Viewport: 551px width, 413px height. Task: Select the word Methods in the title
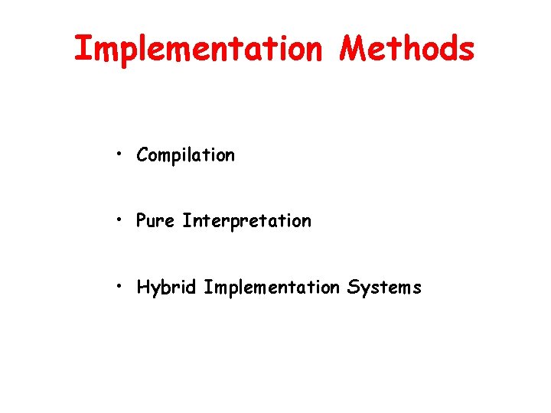pyautogui.click(x=407, y=49)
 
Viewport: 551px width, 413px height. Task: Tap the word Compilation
pyautogui.click(x=185, y=155)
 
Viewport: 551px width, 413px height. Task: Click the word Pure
pyautogui.click(x=156, y=221)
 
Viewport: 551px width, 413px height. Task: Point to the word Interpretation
pyautogui.click(x=246, y=221)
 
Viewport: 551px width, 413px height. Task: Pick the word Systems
pyautogui.click(x=384, y=288)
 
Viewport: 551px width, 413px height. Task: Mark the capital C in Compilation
pyautogui.click(x=142, y=155)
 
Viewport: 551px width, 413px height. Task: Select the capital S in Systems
pyautogui.click(x=353, y=288)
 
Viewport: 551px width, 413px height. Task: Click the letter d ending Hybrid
pyautogui.click(x=194, y=288)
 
